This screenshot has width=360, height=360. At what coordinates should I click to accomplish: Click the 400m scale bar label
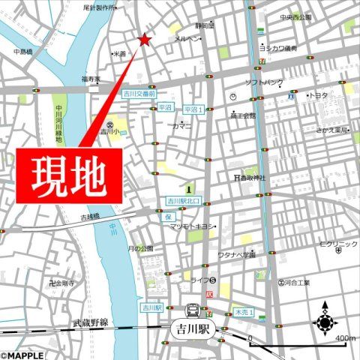coord(344,338)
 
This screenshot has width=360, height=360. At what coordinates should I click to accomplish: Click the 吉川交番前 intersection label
coord(139,94)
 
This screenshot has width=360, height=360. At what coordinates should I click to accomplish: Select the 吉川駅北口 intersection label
coord(184,202)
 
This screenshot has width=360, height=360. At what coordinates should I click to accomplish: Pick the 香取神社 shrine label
coord(247,178)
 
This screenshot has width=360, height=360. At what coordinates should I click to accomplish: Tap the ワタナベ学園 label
coord(238,255)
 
